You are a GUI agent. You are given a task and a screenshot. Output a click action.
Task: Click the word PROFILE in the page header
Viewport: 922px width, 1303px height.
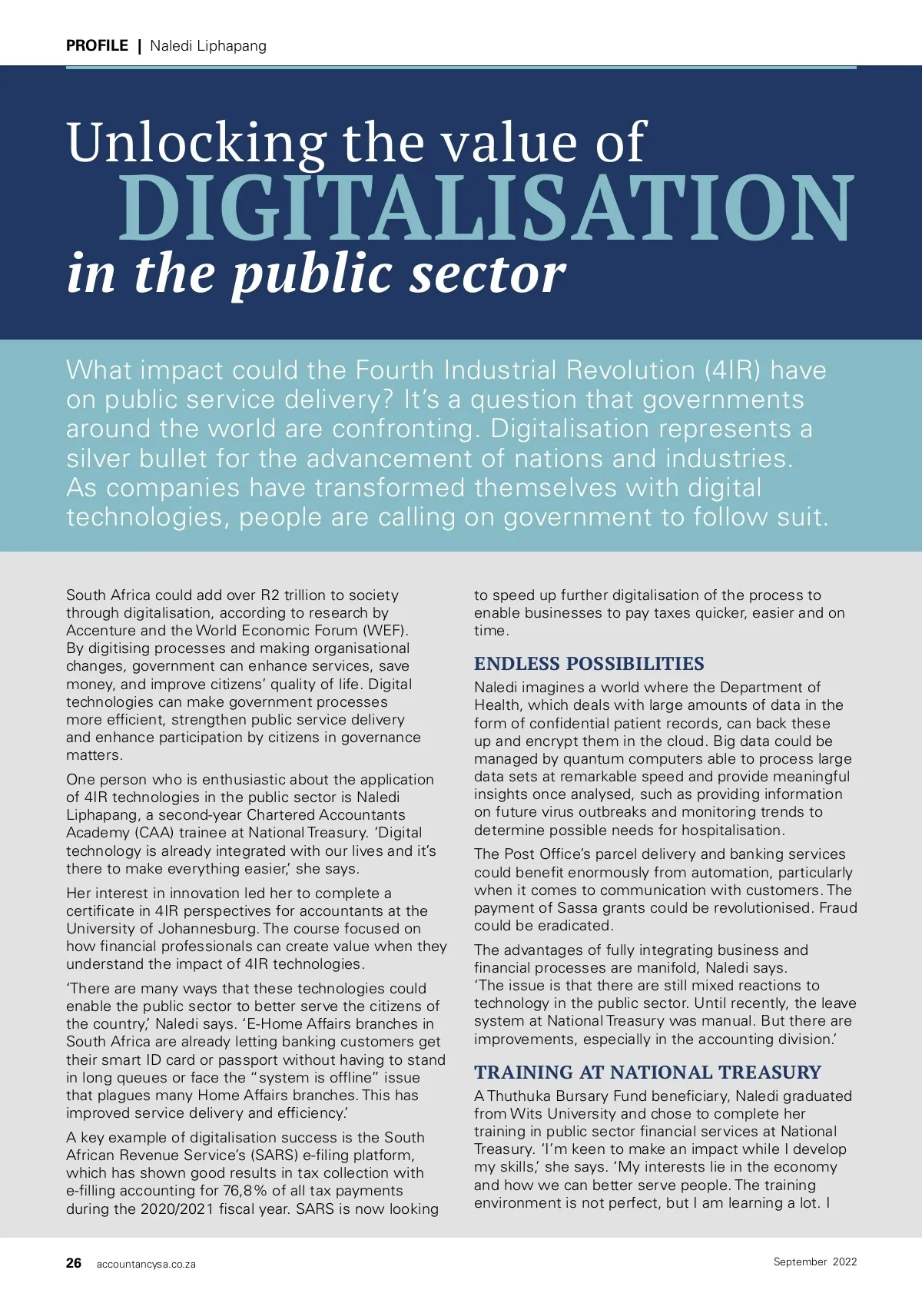coord(97,45)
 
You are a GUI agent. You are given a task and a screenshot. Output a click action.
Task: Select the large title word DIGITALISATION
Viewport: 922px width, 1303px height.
coord(486,209)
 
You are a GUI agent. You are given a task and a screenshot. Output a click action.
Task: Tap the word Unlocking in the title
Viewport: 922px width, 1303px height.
coord(197,143)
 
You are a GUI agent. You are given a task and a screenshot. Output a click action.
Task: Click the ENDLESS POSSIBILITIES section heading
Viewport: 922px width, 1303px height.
coord(589,664)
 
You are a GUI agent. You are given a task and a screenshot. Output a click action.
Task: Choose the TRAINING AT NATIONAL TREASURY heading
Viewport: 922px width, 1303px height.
coord(647,1073)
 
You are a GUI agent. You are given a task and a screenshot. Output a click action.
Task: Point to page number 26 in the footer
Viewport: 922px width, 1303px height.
coord(74,1263)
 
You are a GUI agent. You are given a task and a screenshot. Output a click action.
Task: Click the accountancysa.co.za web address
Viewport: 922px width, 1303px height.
coord(146,1264)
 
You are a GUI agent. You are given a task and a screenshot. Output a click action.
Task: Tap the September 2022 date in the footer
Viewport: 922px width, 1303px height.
coord(814,1262)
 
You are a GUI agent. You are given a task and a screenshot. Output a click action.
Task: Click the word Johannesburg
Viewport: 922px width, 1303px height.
coord(198,929)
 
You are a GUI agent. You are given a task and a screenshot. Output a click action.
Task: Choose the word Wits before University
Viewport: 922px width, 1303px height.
coord(526,1114)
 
